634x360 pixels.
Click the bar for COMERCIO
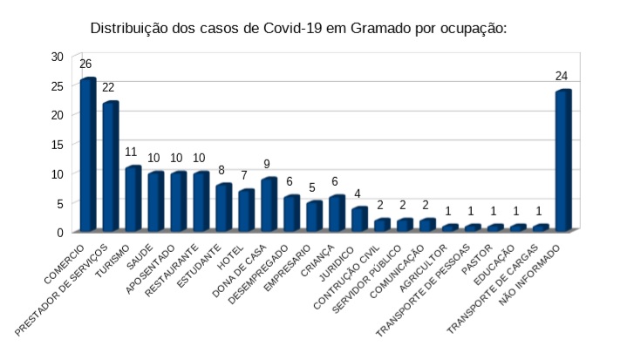coord(87,155)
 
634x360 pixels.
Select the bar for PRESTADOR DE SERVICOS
coord(110,166)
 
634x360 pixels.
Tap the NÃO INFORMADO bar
coord(562,161)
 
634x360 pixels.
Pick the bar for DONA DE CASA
coord(269,205)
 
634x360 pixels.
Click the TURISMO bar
coord(133,199)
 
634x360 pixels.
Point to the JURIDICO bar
coord(358,220)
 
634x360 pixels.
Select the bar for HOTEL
coord(246,211)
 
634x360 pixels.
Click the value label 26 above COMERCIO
coord(85,64)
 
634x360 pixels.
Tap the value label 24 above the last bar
coord(562,76)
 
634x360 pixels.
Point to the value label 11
coord(131,152)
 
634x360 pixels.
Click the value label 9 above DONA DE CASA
coord(267,164)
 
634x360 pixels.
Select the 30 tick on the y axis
coord(58,56)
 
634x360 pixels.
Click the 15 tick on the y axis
coord(58,144)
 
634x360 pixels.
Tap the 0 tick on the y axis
coord(61,232)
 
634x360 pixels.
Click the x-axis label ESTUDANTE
coord(202,261)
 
